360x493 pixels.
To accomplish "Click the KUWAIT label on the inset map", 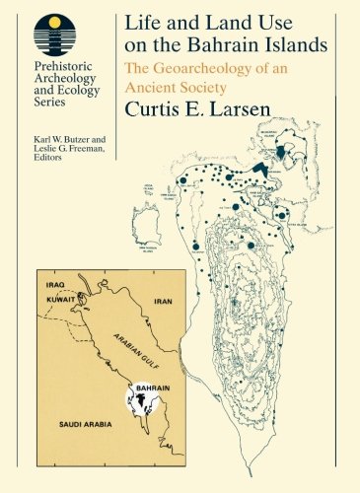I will tap(60, 296).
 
